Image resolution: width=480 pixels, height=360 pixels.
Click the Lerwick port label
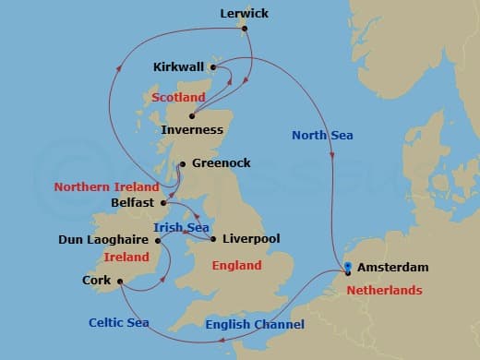[246, 14]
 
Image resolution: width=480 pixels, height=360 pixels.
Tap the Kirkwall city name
[179, 67]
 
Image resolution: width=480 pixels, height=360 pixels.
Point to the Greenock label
[221, 163]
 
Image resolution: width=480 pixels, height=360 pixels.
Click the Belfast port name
[132, 202]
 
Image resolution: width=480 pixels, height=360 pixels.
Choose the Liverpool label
[251, 238]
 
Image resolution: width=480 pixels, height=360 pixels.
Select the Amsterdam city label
[394, 267]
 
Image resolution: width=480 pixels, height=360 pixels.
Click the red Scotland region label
[178, 97]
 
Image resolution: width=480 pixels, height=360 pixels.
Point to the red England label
[237, 265]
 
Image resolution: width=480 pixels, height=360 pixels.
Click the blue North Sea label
[322, 136]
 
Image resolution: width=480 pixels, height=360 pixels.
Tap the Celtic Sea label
[119, 323]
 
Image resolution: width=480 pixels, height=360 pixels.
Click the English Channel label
[254, 324]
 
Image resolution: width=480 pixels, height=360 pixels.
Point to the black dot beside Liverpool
[213, 239]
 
